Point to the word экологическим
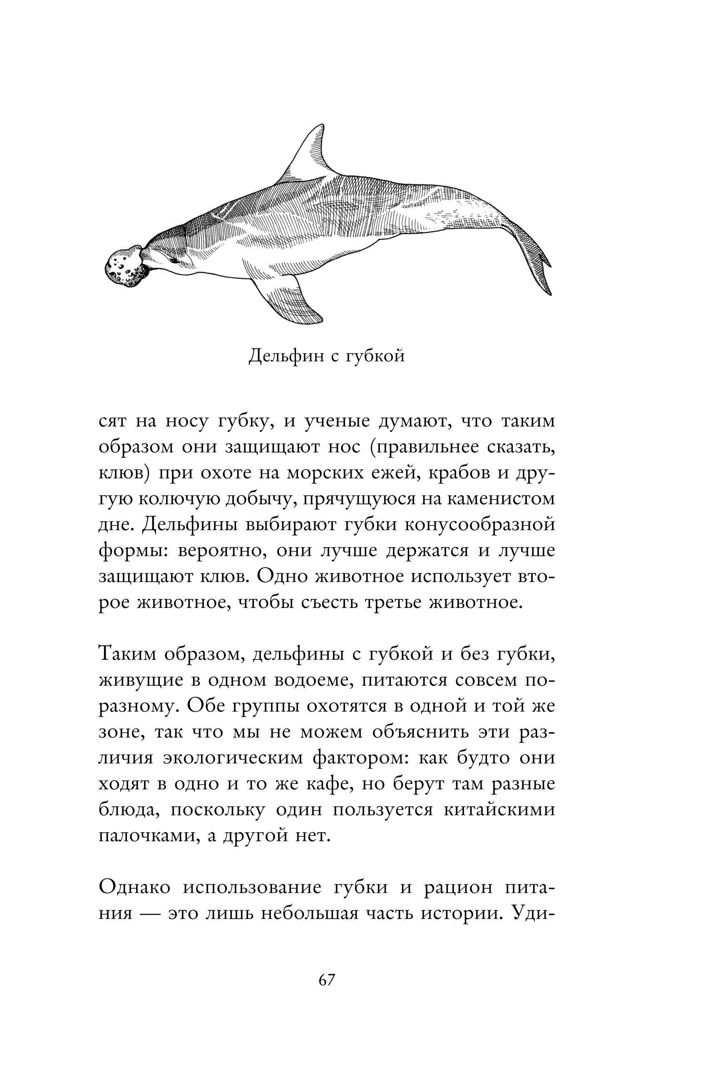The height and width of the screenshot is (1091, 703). [233, 758]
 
